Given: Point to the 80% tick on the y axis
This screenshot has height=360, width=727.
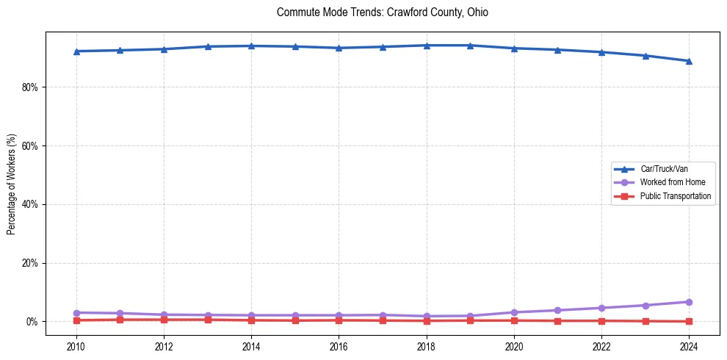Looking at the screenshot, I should point(30,87).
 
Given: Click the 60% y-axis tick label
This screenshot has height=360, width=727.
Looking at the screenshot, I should point(30,145).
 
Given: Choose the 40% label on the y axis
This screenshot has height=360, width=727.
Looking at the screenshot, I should point(30,204).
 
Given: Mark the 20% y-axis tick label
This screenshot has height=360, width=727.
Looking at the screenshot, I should point(30,263).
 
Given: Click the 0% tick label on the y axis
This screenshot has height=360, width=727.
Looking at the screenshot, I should point(32,322).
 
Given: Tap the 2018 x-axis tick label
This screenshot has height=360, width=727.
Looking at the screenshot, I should point(427,346).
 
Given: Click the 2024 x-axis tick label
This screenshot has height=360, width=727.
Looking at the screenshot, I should point(689,346).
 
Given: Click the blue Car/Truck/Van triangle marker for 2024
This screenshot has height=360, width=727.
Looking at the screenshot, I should point(689,61).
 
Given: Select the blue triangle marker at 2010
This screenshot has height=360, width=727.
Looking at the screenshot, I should point(76,51).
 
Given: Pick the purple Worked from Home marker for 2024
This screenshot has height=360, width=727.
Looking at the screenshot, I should point(689,302).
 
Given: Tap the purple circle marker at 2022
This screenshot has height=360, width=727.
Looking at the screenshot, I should point(601,308).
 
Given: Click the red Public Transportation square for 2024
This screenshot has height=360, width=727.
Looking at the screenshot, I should point(689,321).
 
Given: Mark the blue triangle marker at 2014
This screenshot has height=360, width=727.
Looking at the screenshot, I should point(251,46).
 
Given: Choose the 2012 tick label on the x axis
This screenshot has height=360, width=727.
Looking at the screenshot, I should point(164,346).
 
